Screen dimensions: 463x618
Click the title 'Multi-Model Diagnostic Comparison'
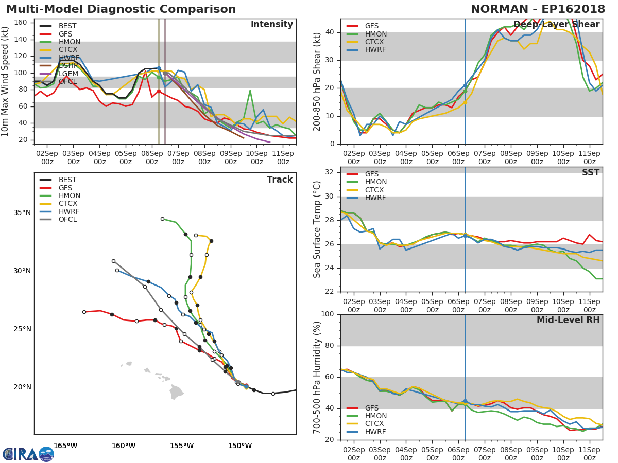click(x=121, y=9)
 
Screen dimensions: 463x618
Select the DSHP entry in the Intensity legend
click(x=68, y=66)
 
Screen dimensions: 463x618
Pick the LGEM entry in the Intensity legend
click(x=68, y=74)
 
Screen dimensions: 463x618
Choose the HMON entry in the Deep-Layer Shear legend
click(x=375, y=34)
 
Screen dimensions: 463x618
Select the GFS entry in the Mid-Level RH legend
click(x=372, y=408)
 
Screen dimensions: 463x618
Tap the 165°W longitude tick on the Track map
click(x=65, y=446)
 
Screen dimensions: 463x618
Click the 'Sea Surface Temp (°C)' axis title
click(x=318, y=229)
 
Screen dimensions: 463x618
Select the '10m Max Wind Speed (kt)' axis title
click(x=6, y=81)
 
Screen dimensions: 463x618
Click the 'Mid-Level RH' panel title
click(x=568, y=320)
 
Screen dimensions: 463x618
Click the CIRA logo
click(x=28, y=454)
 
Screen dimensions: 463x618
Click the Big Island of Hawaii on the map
click(x=177, y=392)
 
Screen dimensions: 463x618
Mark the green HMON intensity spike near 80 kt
click(x=250, y=91)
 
